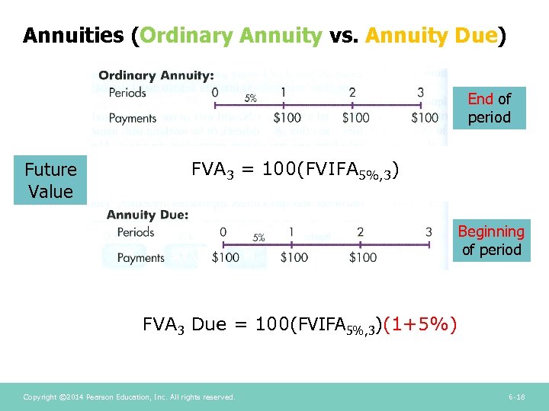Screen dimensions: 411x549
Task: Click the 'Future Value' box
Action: [50, 180]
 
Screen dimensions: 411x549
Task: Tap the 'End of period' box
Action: [489, 108]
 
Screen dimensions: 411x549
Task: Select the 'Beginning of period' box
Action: [490, 241]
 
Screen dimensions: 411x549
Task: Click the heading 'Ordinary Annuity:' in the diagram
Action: [156, 75]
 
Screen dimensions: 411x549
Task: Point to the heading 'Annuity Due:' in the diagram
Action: [147, 215]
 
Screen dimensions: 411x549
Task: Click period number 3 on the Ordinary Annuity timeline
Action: [420, 93]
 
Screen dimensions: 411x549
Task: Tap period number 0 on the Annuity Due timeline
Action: [223, 232]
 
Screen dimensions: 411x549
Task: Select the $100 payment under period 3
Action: [424, 118]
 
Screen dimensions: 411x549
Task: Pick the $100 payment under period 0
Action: [226, 257]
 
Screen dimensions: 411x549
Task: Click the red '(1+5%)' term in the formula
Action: [421, 325]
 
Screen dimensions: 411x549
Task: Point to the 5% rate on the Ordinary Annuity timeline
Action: [250, 97]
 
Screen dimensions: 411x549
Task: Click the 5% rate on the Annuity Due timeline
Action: [258, 237]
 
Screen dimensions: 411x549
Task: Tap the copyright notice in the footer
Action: [129, 397]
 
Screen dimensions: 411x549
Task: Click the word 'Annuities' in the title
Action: [73, 36]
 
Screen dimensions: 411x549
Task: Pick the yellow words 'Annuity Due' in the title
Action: [432, 36]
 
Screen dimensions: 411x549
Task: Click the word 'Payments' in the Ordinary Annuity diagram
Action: [133, 118]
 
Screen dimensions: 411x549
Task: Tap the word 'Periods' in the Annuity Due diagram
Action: [136, 232]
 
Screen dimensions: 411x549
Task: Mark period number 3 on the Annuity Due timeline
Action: [429, 232]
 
